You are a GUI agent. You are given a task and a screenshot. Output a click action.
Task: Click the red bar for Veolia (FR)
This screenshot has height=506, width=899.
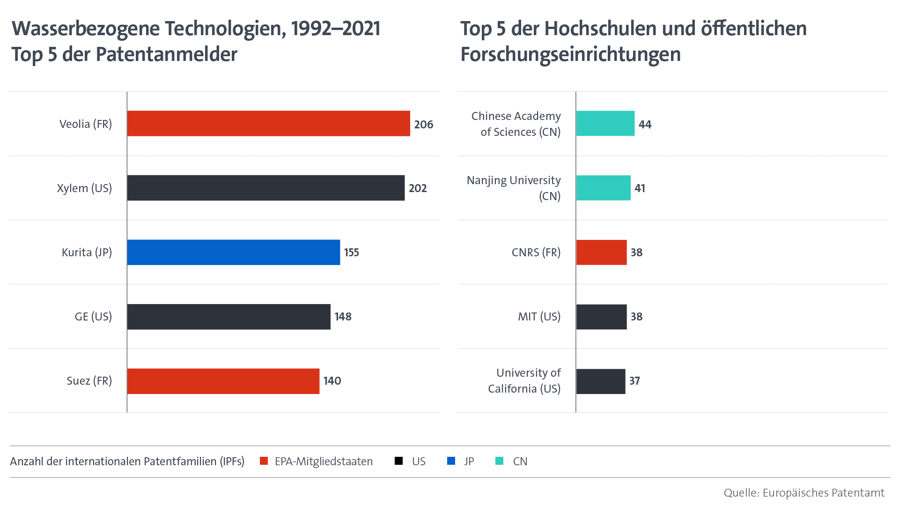268,124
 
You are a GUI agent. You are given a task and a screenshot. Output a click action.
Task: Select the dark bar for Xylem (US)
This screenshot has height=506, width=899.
265,188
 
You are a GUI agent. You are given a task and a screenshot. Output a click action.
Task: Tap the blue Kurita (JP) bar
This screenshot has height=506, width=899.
233,252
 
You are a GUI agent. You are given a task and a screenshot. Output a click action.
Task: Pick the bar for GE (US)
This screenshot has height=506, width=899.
228,317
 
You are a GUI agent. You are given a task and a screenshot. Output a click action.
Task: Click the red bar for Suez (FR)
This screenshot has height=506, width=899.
223,381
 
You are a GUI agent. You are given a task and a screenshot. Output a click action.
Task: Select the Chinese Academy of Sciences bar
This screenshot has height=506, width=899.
605,124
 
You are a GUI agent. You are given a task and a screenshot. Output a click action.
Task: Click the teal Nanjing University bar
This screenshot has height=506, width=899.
604,188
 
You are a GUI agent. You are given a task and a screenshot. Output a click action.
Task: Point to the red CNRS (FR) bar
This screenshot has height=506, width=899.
602,252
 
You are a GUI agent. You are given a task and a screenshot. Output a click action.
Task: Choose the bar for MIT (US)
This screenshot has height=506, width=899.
602,317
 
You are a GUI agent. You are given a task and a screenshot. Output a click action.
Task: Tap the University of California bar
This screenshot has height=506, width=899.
601,381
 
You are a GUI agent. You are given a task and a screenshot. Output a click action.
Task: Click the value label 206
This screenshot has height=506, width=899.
424,125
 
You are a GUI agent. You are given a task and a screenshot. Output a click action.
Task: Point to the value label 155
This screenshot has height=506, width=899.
352,253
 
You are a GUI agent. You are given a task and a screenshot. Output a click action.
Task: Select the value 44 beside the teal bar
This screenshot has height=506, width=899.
645,125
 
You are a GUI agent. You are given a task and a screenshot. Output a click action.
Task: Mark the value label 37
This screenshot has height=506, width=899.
634,381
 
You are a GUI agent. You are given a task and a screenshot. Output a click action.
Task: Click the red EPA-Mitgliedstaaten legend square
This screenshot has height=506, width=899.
264,461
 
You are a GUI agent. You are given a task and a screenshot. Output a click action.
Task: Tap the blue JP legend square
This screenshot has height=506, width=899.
451,461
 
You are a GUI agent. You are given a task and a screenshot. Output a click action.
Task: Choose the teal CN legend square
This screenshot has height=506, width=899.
500,461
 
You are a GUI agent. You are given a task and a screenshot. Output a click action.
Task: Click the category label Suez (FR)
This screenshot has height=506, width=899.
89,381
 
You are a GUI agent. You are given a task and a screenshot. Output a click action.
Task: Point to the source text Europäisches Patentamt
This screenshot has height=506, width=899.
823,493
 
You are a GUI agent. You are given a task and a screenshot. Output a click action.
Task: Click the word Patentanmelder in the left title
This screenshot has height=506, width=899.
166,54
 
